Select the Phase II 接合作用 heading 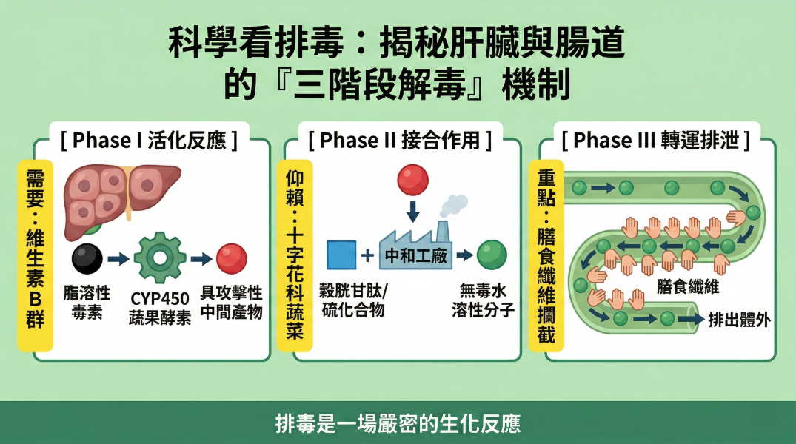400,140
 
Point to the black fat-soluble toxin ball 87,258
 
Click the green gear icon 160,258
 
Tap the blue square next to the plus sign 341,255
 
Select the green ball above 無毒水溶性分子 491,255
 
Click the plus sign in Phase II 367,256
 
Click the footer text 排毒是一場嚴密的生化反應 398,423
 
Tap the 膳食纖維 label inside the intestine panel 687,286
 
